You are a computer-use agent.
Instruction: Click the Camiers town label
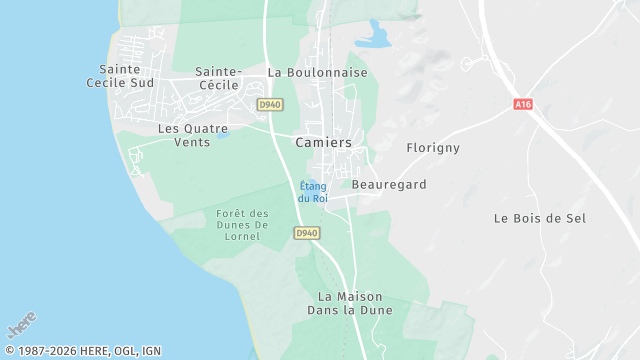(323, 143)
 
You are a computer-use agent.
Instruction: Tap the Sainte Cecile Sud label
(126, 76)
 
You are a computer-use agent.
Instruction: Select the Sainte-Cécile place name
(219, 78)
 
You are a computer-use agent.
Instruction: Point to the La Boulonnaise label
(317, 73)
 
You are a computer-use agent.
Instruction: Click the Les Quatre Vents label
(192, 135)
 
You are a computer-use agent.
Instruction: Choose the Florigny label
(432, 148)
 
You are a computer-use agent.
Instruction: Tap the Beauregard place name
(389, 185)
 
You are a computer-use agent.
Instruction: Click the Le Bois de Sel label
(540, 218)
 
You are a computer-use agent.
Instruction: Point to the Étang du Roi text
(313, 191)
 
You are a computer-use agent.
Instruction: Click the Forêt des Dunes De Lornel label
(243, 225)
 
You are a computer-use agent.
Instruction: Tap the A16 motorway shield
(522, 104)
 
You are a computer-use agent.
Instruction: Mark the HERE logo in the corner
(21, 327)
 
